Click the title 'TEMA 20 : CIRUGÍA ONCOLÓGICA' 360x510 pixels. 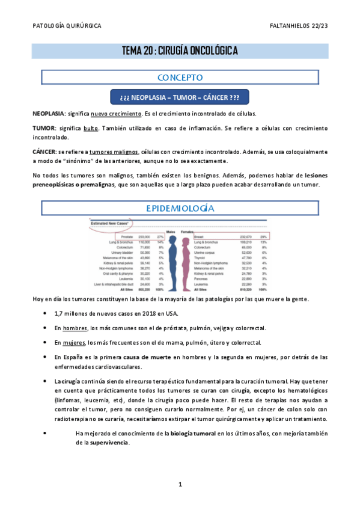tap(180, 51)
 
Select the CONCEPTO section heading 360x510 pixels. tap(180, 78)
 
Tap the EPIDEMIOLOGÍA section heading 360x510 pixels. tap(180, 207)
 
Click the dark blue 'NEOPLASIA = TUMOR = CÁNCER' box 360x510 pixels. tap(180, 97)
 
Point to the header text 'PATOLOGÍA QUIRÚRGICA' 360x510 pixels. tap(66, 26)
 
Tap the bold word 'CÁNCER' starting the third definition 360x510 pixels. tap(43, 152)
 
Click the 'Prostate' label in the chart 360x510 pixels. tap(126, 237)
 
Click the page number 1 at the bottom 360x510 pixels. tap(180, 484)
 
